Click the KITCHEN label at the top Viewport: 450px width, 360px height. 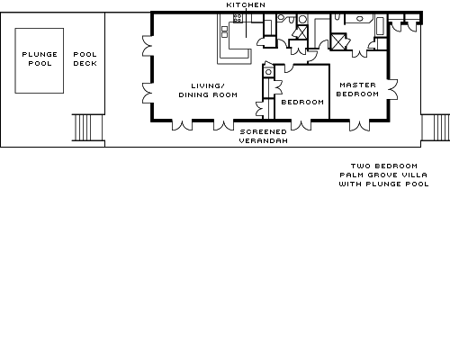tap(246, 4)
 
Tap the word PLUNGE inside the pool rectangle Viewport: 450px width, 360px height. tap(40, 54)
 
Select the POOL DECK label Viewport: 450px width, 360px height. tap(85, 58)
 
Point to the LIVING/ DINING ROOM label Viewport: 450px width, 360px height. tap(208, 90)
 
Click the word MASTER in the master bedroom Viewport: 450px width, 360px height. tap(357, 85)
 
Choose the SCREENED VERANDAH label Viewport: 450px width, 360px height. tap(264, 136)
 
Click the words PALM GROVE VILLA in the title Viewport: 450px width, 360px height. tap(383, 175)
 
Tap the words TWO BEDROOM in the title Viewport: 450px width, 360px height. tap(384, 166)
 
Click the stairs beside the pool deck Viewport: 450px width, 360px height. tap(88, 128)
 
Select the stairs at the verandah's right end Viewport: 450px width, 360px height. tap(436, 127)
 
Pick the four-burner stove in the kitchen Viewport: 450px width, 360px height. tap(238, 18)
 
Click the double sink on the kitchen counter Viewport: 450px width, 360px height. tap(224, 31)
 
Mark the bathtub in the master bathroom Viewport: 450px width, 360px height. tap(380, 26)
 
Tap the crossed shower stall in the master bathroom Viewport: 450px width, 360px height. tap(338, 41)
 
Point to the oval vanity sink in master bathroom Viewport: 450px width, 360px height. tap(360, 19)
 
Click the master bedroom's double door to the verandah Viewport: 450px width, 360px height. tap(359, 125)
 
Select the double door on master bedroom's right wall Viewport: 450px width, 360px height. tap(393, 89)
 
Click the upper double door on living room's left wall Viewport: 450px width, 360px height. tap(147, 46)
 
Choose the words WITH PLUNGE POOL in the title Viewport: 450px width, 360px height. tap(384, 184)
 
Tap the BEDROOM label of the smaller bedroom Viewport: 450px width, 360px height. tap(302, 102)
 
